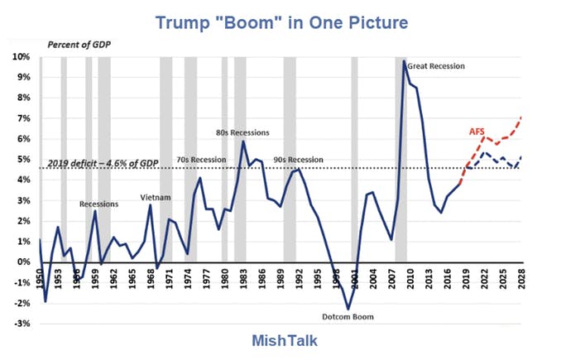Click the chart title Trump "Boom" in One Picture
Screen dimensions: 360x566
(x=282, y=22)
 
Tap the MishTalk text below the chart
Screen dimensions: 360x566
(x=282, y=340)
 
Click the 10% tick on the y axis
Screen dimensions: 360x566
(x=20, y=57)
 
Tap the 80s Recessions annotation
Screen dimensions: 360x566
(x=242, y=132)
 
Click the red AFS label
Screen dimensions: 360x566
(x=477, y=131)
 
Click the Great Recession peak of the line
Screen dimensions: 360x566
(x=404, y=61)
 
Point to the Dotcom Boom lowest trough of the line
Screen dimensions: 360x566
(x=348, y=309)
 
